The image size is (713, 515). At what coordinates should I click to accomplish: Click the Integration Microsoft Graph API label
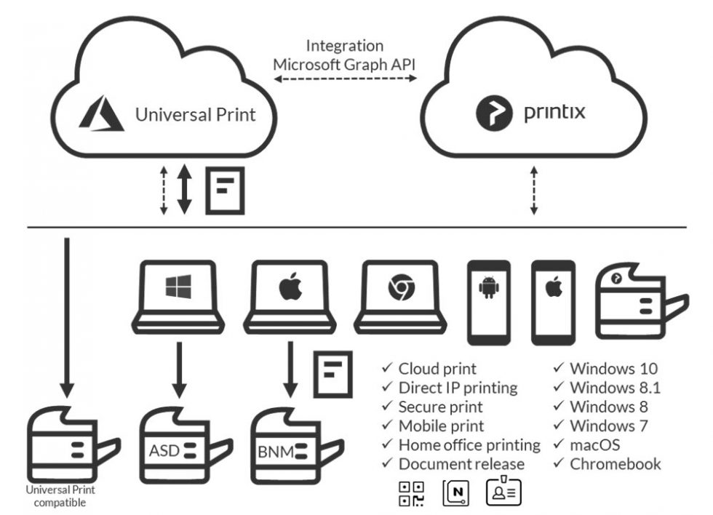[345, 55]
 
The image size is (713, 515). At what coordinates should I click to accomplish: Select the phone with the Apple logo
[554, 302]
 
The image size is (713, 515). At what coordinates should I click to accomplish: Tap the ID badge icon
[504, 492]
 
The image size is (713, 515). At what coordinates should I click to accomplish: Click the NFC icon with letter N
[456, 492]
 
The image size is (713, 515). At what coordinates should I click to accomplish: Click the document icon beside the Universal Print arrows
[225, 191]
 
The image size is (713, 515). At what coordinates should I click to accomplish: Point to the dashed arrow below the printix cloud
[534, 191]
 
